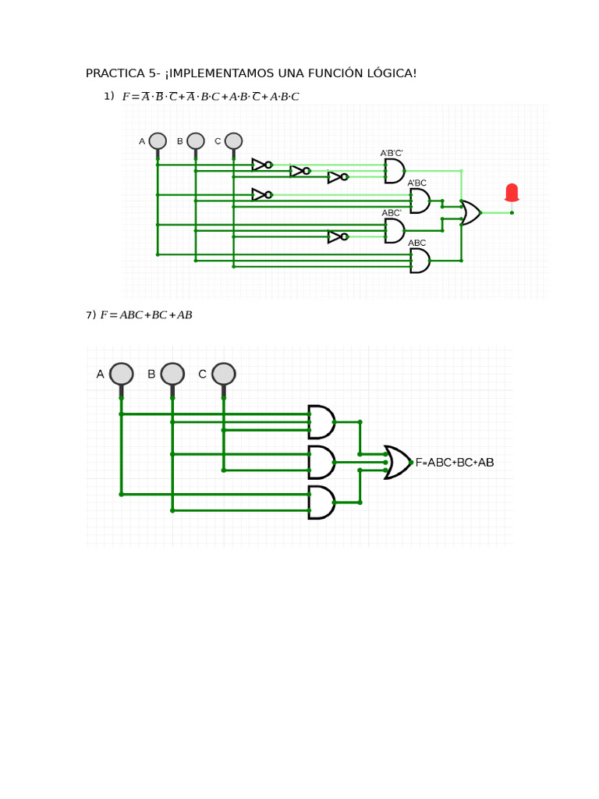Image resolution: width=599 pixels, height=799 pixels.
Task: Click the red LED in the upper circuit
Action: coord(512,193)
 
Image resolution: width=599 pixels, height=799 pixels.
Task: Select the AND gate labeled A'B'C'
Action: coord(395,171)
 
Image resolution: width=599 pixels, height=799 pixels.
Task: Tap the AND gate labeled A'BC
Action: coord(420,201)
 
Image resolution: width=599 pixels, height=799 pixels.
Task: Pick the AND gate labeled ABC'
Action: coord(395,230)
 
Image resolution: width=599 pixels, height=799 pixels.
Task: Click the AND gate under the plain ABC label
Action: coord(420,261)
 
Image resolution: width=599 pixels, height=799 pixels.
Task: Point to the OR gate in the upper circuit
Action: coord(470,212)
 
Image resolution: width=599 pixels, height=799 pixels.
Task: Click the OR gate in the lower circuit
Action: coord(398,462)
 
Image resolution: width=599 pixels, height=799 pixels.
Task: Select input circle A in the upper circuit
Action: coord(158,141)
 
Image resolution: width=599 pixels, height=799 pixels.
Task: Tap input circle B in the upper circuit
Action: coord(196,141)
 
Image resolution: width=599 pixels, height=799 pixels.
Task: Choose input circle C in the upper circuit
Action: coord(233,141)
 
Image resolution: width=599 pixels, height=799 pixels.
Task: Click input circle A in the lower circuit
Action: coord(121,374)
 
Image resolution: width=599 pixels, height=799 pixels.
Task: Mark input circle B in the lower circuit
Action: coord(172,374)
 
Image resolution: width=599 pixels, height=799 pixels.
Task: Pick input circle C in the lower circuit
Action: coord(223,374)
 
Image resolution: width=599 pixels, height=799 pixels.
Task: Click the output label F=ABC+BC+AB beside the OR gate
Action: coord(455,463)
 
